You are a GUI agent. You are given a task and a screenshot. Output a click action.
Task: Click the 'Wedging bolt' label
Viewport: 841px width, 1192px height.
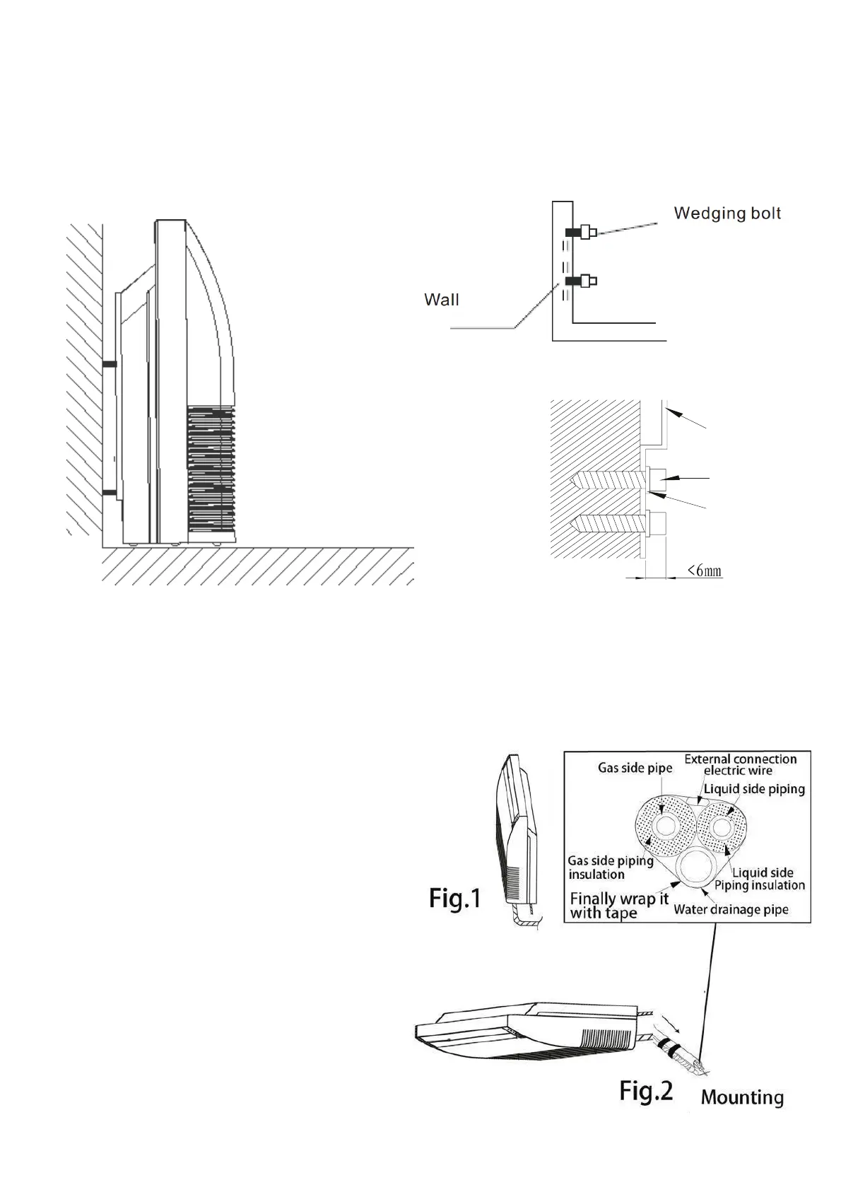[x=727, y=213]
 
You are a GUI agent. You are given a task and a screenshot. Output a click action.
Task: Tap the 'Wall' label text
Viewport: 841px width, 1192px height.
[x=441, y=300]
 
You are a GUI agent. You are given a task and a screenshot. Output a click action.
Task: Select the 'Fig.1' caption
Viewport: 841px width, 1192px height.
[x=455, y=899]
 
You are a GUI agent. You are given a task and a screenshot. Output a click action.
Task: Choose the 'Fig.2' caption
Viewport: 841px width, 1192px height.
[x=646, y=1092]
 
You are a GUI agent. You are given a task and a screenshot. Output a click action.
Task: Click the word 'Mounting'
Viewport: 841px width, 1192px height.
[x=742, y=1097]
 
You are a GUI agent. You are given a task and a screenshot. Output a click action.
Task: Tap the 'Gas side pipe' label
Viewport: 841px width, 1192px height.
[x=635, y=768]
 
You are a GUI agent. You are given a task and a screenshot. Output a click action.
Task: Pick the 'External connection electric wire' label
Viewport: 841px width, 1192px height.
[x=740, y=764]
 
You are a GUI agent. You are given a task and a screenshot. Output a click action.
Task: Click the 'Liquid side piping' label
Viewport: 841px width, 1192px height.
[x=754, y=788]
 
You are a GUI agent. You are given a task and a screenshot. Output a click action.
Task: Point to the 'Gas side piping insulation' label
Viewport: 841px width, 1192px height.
[x=610, y=867]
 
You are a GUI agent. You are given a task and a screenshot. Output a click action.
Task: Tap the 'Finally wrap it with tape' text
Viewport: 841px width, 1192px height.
[x=619, y=906]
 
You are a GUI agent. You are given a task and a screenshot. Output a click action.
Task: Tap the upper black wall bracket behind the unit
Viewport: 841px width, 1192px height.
[x=110, y=364]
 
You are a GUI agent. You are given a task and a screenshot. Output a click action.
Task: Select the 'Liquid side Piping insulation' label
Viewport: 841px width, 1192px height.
[x=760, y=879]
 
